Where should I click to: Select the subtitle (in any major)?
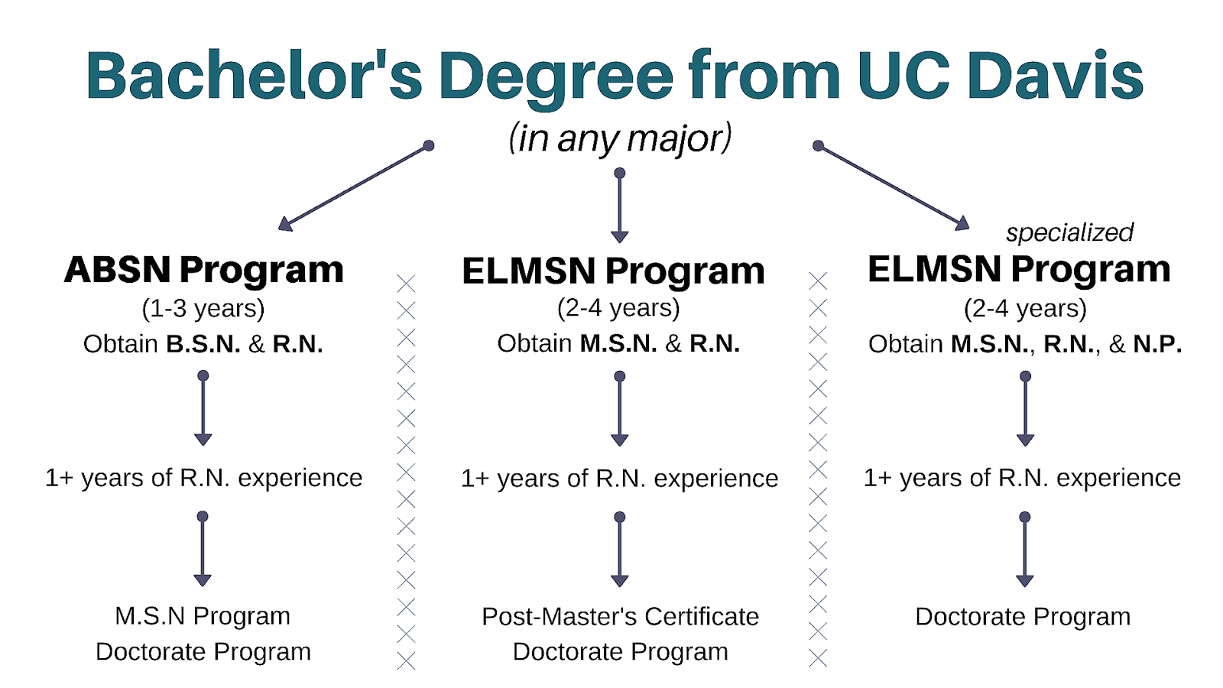click(620, 138)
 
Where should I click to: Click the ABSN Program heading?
click(203, 270)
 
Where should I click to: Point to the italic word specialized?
click(1069, 232)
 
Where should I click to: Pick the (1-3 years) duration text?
click(203, 308)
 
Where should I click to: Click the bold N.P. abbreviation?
click(1157, 344)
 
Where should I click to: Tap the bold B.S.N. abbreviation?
click(203, 344)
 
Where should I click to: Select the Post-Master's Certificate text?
click(620, 616)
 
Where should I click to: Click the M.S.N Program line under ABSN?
click(203, 616)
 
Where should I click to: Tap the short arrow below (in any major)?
click(620, 206)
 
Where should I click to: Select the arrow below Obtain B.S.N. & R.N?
click(203, 409)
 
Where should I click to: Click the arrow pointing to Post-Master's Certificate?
click(620, 550)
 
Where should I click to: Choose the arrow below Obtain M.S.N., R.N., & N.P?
click(1025, 409)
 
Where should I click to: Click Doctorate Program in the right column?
click(1023, 616)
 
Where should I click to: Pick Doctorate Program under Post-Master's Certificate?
click(620, 652)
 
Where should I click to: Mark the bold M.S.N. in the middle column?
click(618, 344)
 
